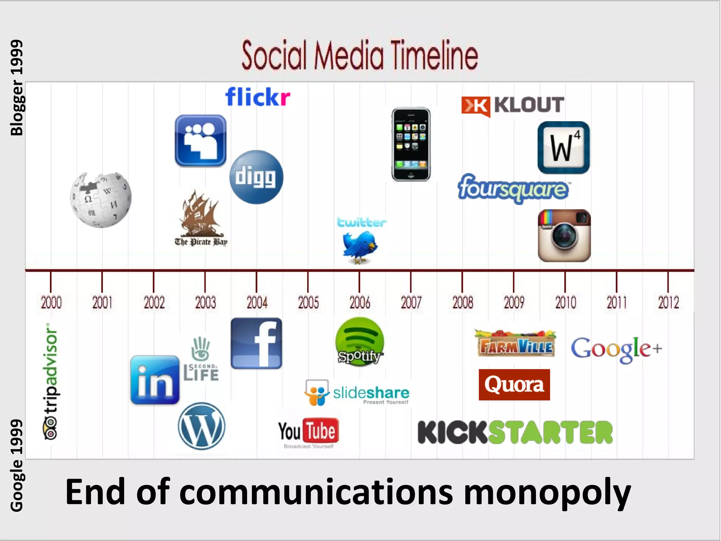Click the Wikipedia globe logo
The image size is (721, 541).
(101, 200)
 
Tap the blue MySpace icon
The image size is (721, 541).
(200, 141)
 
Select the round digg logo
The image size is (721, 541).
(256, 177)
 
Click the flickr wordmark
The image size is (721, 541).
(258, 97)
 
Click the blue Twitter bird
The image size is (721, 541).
(360, 247)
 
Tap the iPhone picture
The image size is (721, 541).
(411, 144)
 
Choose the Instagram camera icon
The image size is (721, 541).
(564, 235)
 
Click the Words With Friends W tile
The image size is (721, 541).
(563, 148)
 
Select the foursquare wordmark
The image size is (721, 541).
(513, 188)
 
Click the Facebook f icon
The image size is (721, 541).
(256, 343)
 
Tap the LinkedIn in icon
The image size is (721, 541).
(155, 380)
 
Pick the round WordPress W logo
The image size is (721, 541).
(201, 426)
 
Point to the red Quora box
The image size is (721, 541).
(514, 385)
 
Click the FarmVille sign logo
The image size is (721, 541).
(515, 344)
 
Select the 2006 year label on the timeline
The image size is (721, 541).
(359, 303)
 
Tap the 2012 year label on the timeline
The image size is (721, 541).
(668, 303)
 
